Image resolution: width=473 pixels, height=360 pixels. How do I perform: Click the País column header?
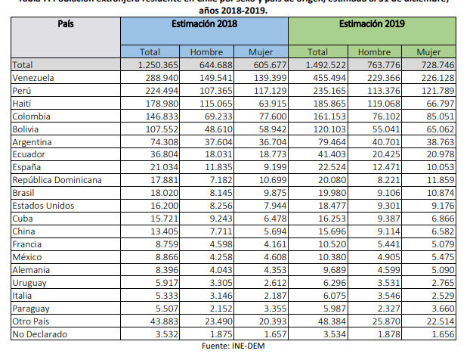click(65, 24)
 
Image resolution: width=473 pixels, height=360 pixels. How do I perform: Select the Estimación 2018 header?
click(204, 25)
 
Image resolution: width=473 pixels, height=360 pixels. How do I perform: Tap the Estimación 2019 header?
click(372, 25)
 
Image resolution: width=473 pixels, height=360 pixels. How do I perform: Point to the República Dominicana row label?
click(57, 179)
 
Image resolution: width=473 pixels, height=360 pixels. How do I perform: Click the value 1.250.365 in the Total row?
click(156, 64)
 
